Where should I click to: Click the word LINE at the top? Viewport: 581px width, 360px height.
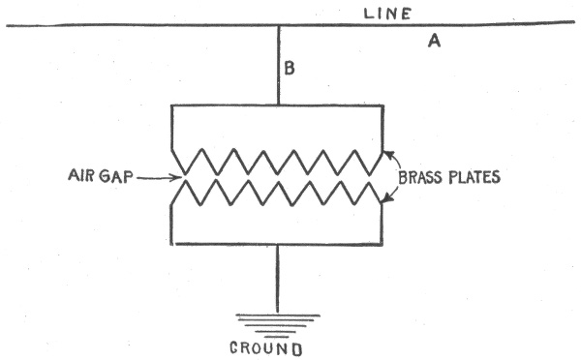pos(387,14)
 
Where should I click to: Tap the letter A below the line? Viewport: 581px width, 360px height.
pos(434,41)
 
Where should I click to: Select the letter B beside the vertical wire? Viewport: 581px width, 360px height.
pos(290,68)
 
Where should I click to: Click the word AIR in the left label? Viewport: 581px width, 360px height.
pos(80,175)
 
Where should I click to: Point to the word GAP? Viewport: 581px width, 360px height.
pos(115,176)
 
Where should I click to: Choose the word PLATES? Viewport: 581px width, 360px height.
pos(474,177)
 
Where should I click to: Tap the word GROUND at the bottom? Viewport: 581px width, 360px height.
pos(266,348)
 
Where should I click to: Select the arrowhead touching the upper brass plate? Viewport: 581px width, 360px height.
pos(386,153)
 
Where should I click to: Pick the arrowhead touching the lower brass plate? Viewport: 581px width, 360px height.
pos(386,200)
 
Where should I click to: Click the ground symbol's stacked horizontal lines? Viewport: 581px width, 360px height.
pos(278,326)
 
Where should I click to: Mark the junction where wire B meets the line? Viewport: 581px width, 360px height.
pos(279,25)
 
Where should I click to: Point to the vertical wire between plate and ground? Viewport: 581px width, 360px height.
pos(277,279)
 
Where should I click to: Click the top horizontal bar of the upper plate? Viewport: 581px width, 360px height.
pos(277,106)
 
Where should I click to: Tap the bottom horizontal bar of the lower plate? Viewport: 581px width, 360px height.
pos(277,244)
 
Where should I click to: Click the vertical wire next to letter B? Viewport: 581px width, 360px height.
pos(279,65)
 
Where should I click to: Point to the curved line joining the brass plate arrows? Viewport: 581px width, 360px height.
pos(399,176)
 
